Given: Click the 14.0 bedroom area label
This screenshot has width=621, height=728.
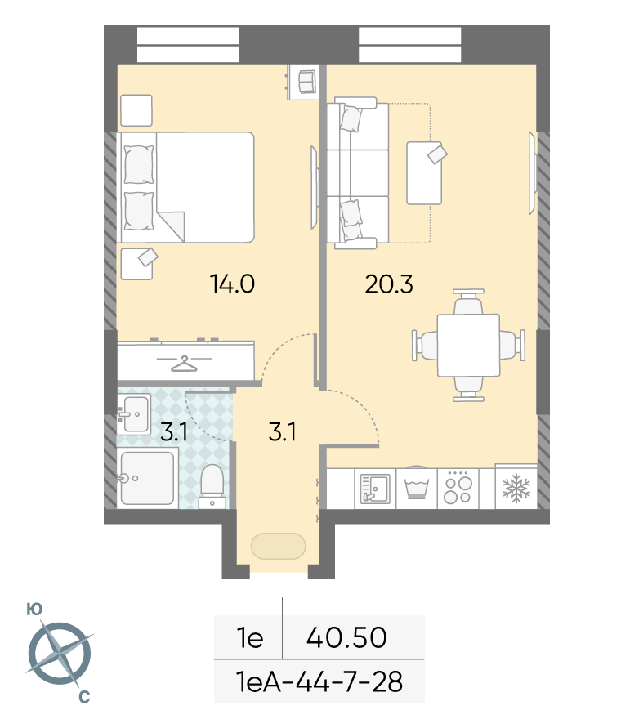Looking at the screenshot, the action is [x=232, y=284].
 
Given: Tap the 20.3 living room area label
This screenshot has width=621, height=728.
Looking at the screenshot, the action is [x=389, y=284].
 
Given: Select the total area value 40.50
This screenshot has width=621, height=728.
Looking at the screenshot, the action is [x=346, y=637].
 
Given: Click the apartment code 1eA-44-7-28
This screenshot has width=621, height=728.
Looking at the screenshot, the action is [x=319, y=681].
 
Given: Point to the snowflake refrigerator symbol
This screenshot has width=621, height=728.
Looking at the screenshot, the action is [x=516, y=489].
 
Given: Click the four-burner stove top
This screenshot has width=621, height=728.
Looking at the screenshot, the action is [x=458, y=489].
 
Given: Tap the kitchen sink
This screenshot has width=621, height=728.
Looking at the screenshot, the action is [x=375, y=489].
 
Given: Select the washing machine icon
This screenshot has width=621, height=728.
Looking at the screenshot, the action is [x=416, y=489].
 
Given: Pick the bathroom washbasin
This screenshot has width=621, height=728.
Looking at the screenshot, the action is [x=134, y=414].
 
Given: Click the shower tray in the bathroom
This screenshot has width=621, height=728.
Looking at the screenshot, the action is [x=147, y=478].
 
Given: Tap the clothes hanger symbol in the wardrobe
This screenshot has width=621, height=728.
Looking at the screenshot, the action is [x=184, y=364].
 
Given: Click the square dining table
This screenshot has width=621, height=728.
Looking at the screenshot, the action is [x=468, y=345].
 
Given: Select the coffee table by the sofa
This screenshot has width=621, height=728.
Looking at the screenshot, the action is [x=424, y=173].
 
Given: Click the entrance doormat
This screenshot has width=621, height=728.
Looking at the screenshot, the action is [x=278, y=546].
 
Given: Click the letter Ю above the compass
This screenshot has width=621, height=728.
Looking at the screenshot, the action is [x=34, y=610].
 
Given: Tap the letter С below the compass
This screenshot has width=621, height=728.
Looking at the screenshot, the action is [x=84, y=696].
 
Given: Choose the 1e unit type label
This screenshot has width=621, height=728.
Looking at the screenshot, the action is [x=250, y=637].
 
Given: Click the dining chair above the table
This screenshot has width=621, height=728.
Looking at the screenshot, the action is [x=468, y=301].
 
